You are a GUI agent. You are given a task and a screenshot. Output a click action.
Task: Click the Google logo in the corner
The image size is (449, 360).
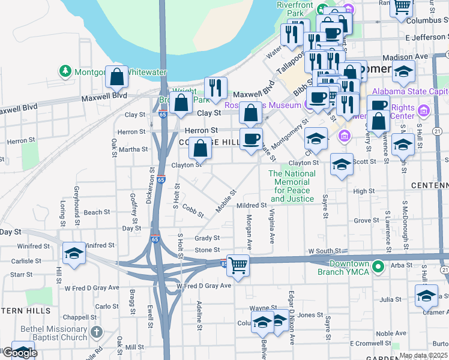pos(19,353)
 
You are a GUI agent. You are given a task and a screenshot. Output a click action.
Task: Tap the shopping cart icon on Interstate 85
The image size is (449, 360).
pos(238,264)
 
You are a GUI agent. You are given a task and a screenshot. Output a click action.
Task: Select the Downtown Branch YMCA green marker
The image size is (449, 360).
pos(378,266)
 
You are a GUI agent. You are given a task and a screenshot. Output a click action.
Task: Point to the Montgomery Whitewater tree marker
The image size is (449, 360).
pos(65,71)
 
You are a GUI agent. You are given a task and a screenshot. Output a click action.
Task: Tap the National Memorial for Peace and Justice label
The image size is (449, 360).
pos(292,186)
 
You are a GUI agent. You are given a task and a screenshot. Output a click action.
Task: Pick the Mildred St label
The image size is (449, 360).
pos(252,205)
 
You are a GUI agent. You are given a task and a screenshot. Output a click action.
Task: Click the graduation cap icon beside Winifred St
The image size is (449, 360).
pos(74,253)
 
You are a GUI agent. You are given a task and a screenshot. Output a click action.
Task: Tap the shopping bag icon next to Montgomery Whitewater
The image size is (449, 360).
pos(117,76)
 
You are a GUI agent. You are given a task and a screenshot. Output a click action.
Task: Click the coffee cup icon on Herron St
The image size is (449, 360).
pos(252,139)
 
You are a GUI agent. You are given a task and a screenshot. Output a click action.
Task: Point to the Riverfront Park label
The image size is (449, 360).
pos(291,8)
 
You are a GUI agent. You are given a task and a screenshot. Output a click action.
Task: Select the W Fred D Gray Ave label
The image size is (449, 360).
pos(203,286)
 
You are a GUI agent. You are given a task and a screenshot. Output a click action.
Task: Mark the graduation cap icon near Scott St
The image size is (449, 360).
pos(342,164)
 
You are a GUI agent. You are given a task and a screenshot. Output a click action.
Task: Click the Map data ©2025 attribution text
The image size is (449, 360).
pos(423,356)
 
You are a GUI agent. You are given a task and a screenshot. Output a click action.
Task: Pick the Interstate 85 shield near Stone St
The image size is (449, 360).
pos(223,262)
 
